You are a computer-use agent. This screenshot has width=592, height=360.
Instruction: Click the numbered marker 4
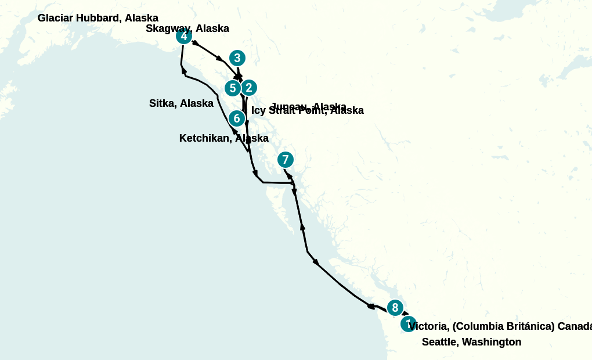pos(184,36)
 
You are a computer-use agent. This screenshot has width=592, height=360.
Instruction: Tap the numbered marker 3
pos(237,58)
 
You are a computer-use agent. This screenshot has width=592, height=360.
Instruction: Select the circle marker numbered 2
pos(249,88)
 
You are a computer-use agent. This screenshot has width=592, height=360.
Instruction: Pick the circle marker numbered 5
pos(233,88)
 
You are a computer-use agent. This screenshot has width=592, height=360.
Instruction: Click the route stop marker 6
pos(236,118)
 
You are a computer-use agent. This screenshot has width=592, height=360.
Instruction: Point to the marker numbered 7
pos(285,160)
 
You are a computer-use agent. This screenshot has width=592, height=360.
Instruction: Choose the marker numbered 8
pos(395,308)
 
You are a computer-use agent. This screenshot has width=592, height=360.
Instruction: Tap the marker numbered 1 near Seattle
pos(408,323)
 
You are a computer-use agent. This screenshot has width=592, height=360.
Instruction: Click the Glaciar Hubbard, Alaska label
pos(98,18)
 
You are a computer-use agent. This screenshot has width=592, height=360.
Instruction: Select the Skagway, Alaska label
pos(187,28)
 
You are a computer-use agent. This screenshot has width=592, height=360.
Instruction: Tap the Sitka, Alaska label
pos(181,103)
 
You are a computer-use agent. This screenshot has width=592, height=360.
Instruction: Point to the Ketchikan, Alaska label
pos(223,138)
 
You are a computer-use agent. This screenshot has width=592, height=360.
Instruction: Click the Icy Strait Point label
pos(307,110)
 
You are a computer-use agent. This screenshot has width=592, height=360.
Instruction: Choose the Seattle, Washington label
pos(471,342)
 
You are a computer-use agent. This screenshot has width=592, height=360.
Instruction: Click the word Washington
pos(492,342)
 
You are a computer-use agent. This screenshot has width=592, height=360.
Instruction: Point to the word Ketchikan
pos(204,138)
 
